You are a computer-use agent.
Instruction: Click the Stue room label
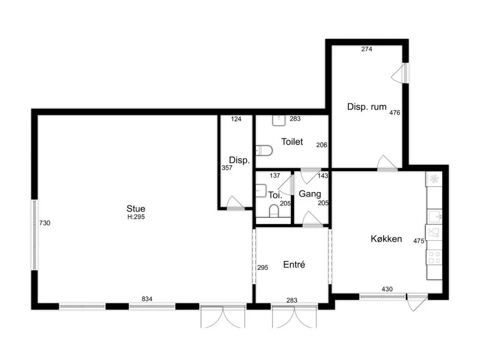coord(136,208)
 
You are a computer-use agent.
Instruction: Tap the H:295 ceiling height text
coord(136,217)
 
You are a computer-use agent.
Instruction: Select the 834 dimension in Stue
coord(147,299)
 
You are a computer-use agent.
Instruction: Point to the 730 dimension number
coord(45,223)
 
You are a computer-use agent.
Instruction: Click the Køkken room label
coord(386,239)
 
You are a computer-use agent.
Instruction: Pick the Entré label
coord(294,264)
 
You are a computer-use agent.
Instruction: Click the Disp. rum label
coord(367,106)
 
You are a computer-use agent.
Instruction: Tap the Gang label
coord(310,194)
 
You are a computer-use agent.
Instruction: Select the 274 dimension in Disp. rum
coord(366,49)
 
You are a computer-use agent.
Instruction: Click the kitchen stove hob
coord(434,257)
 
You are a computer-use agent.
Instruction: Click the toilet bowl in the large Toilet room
coord(264,151)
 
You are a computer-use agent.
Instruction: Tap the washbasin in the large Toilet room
coord(279,120)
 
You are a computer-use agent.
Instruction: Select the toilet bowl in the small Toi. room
coord(274,211)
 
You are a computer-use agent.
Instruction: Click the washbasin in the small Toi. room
coord(261,190)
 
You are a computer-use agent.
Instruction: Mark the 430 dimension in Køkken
coord(387,289)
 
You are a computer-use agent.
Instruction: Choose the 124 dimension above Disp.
coord(236,119)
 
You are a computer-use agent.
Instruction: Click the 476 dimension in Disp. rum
coord(395,113)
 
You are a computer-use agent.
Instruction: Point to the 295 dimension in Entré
coord(262,267)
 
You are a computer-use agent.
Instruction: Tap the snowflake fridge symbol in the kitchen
coord(434,179)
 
